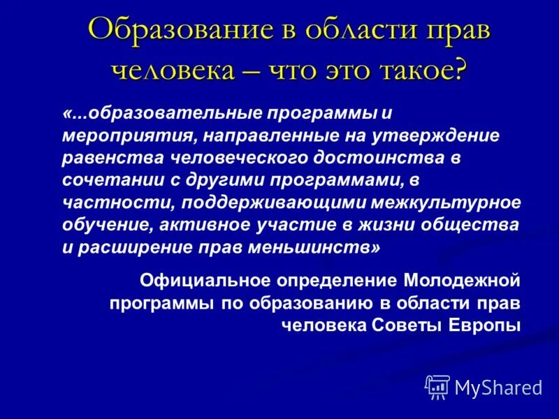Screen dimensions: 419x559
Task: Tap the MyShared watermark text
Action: (x=498, y=386)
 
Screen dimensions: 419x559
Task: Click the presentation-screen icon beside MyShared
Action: (x=437, y=386)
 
